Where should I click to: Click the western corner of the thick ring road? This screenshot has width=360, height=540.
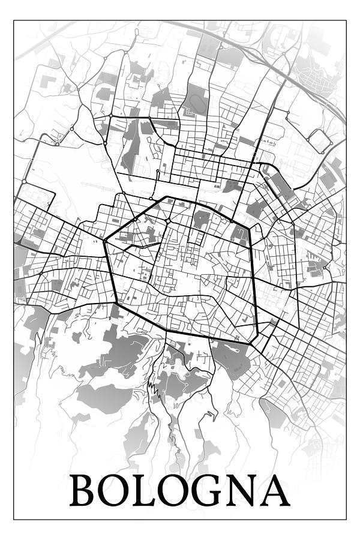tap(104, 242)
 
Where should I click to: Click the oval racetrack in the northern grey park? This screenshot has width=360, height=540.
tap(193, 112)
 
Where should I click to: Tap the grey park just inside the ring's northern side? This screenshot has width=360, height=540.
tap(202, 218)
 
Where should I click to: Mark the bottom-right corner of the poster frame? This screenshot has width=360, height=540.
tap(346, 520)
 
